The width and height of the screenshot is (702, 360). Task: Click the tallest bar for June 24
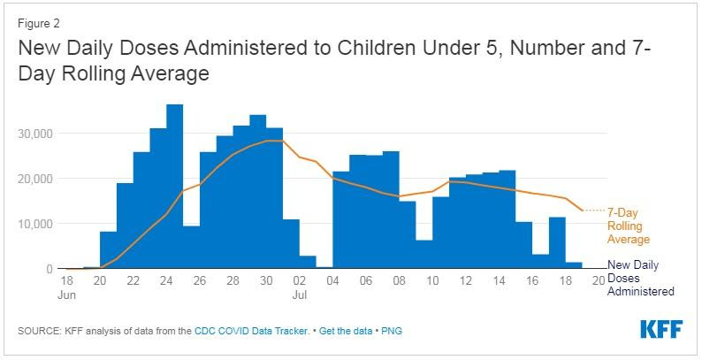(175, 186)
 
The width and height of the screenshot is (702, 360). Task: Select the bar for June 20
(108, 249)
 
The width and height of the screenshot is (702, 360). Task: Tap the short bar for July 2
(307, 262)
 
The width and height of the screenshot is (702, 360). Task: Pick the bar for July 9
(423, 254)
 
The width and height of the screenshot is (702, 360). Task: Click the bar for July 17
(540, 261)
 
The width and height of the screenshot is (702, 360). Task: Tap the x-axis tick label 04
(334, 280)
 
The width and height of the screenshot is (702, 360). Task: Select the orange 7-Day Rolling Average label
(629, 225)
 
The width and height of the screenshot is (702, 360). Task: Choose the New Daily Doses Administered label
(641, 278)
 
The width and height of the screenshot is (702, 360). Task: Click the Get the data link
(347, 331)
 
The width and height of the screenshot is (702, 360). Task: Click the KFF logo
(661, 328)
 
